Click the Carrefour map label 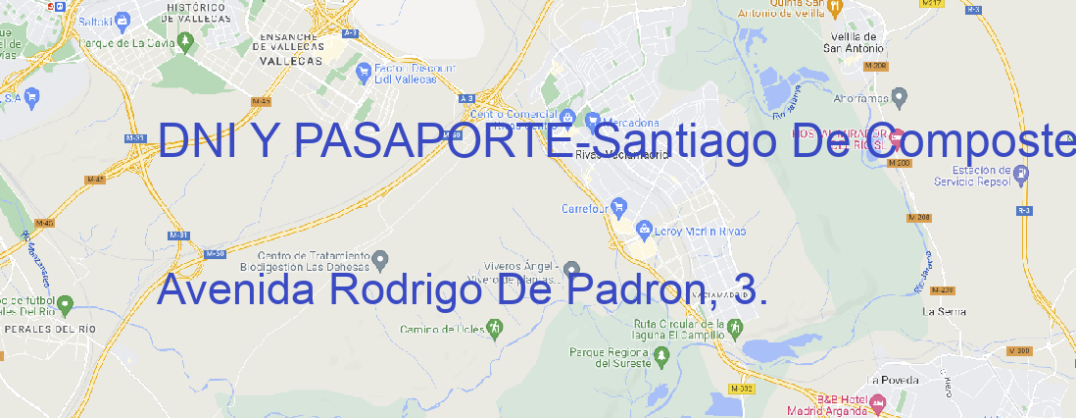(586, 208)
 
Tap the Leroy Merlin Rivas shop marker (644, 230)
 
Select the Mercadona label (624, 123)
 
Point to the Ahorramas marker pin (901, 96)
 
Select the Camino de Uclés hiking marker (494, 327)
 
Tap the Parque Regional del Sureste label (610, 357)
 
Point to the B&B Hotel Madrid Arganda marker (878, 401)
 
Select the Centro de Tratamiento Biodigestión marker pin (381, 259)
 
